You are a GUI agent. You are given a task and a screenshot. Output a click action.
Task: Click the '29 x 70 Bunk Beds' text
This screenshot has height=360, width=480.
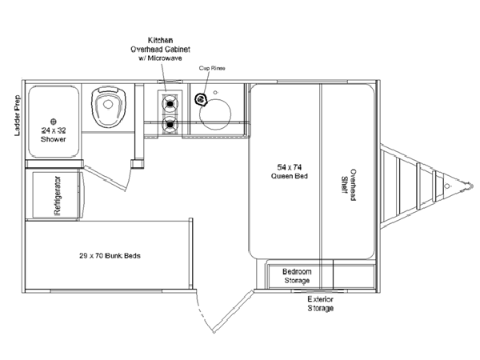pyautogui.click(x=110, y=257)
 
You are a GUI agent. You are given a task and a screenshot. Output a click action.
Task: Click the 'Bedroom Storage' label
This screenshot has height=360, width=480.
pyautogui.click(x=297, y=275)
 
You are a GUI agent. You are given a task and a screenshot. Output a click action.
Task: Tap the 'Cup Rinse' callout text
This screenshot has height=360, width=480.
pyautogui.click(x=213, y=69)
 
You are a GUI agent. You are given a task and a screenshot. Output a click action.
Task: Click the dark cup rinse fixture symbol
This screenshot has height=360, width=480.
pyautogui.click(x=201, y=99)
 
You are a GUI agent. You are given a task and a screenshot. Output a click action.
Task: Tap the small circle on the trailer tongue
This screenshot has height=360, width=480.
pyautogui.click(x=450, y=188)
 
